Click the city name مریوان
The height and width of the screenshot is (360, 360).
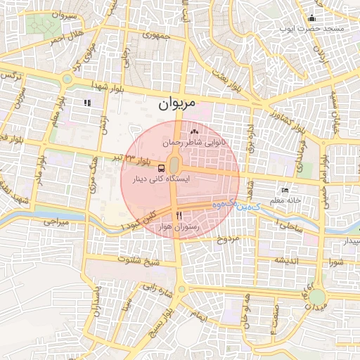click(x=172, y=106)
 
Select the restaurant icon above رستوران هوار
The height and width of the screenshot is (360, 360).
click(x=179, y=215)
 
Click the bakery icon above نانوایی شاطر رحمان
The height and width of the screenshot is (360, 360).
click(x=194, y=131)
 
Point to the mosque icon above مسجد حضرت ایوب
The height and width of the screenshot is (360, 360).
click(x=311, y=18)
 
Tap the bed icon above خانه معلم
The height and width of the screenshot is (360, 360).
click(x=285, y=191)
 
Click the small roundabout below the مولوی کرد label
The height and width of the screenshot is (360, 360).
click(x=68, y=79)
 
